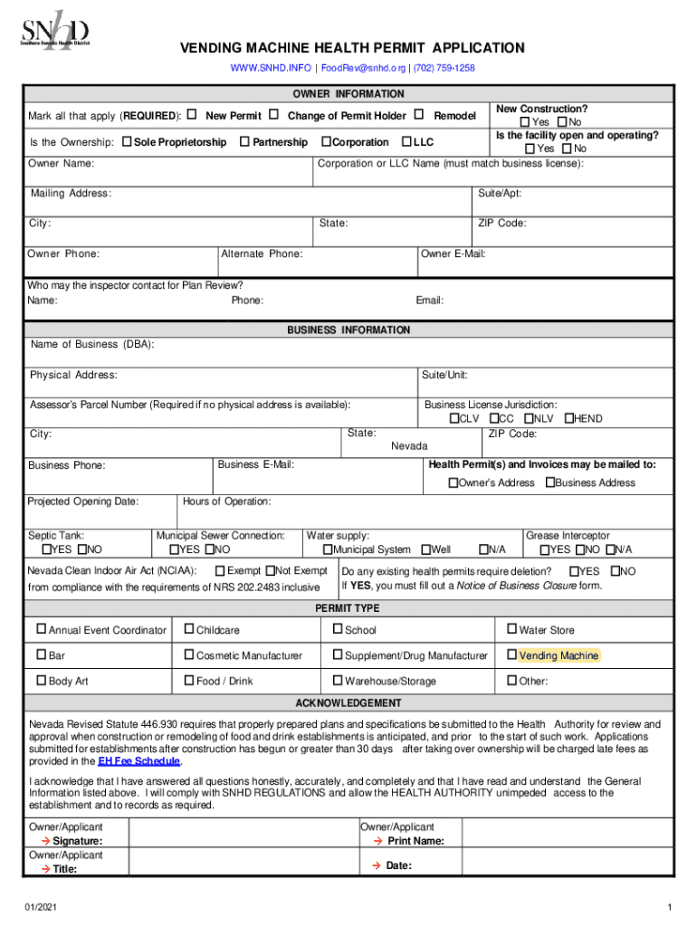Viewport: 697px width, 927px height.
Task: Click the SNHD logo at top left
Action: [x=55, y=32]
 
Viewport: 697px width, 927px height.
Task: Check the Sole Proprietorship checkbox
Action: [x=127, y=142]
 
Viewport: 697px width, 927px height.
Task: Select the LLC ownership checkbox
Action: [x=406, y=142]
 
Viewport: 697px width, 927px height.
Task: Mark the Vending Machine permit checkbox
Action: [x=511, y=655]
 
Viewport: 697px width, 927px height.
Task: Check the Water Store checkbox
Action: [x=511, y=629]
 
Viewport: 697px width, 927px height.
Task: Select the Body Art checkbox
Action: [x=41, y=681]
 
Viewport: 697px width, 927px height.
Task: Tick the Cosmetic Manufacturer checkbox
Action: [x=188, y=655]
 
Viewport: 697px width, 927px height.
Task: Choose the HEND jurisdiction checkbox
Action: [x=569, y=419]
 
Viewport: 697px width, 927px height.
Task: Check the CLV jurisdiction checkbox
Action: [x=454, y=419]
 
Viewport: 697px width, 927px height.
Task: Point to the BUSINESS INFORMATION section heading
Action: [x=348, y=330]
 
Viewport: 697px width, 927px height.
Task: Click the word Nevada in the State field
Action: [x=409, y=446]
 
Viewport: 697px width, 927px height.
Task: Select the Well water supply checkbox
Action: [x=426, y=550]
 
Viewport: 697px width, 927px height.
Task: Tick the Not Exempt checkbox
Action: [x=270, y=571]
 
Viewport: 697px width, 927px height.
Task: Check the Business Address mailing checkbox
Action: [x=549, y=483]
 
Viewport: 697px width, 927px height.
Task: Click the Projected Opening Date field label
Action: [x=82, y=502]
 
